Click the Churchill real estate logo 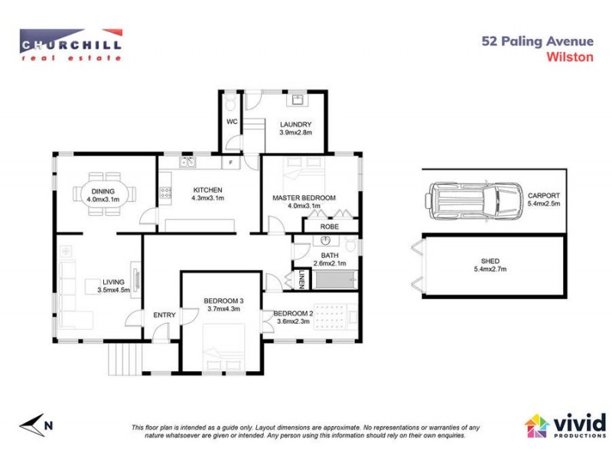click(70, 44)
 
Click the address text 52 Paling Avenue click(536, 41)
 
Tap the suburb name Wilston click(570, 56)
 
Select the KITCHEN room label click(207, 190)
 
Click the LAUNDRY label click(295, 125)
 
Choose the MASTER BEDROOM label click(304, 198)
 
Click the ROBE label click(330, 226)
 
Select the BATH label click(330, 256)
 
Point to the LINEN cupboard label click(302, 280)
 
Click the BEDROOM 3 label click(223, 301)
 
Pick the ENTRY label click(164, 315)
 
